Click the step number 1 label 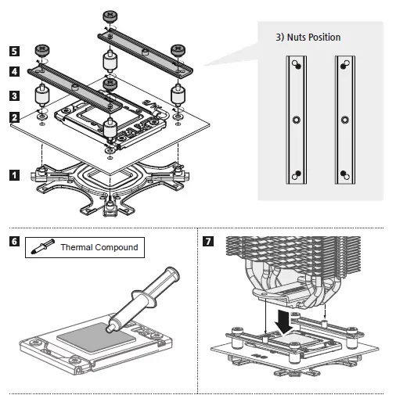14,175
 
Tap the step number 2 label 14,117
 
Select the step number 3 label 14,95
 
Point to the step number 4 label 14,71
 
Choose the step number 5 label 14,51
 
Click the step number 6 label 14,241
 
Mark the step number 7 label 208,241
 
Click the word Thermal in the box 77,247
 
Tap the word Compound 117,247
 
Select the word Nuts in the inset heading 297,38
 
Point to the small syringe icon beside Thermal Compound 43,246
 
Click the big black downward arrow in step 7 283,321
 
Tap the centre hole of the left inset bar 297,120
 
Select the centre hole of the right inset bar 345,120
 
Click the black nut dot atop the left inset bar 298,66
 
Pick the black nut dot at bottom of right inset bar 344,174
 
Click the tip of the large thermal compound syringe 109,329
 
